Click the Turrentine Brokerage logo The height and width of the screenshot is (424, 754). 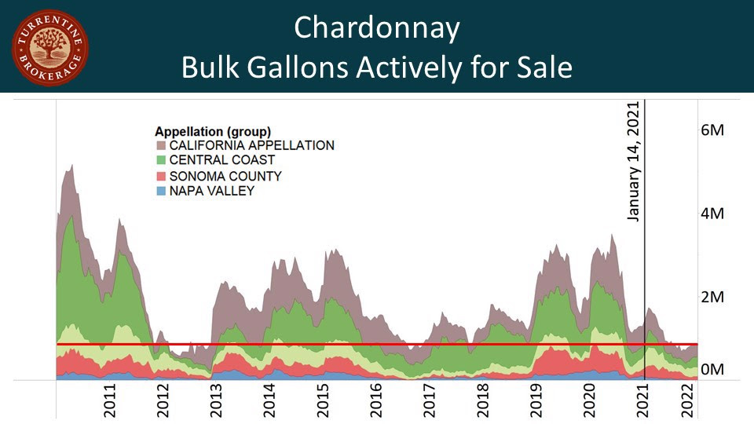(49, 47)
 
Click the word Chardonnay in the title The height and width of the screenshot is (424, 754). (376, 28)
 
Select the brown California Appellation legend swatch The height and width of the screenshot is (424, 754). (162, 145)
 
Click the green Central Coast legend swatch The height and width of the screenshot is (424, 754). (162, 160)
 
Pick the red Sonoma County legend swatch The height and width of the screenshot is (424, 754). (162, 176)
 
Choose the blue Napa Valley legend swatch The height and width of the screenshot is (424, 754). (162, 191)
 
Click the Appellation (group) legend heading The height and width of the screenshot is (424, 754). (213, 130)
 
